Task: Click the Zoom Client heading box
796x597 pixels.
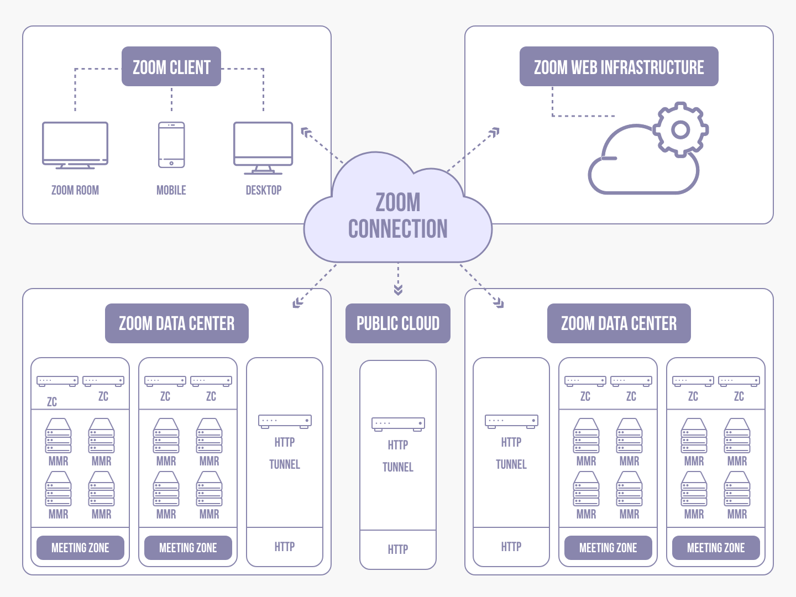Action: point(171,67)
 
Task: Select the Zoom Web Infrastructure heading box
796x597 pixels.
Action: point(619,67)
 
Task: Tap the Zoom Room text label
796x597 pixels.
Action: point(75,190)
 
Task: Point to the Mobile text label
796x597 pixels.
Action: point(171,190)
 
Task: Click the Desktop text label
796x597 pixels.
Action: point(264,190)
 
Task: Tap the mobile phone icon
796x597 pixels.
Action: point(171,145)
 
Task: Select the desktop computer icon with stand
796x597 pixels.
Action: point(263,147)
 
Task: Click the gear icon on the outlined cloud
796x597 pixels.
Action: point(680,130)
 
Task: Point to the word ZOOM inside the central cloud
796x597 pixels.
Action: point(398,202)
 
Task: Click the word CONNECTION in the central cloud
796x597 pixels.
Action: point(398,229)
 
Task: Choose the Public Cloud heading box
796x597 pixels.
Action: point(398,323)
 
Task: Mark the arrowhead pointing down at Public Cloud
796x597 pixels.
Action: point(398,290)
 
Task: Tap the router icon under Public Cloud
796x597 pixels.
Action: point(398,424)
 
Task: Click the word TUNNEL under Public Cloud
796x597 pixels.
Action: point(398,467)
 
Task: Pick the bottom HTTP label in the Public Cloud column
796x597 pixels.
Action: point(398,549)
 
